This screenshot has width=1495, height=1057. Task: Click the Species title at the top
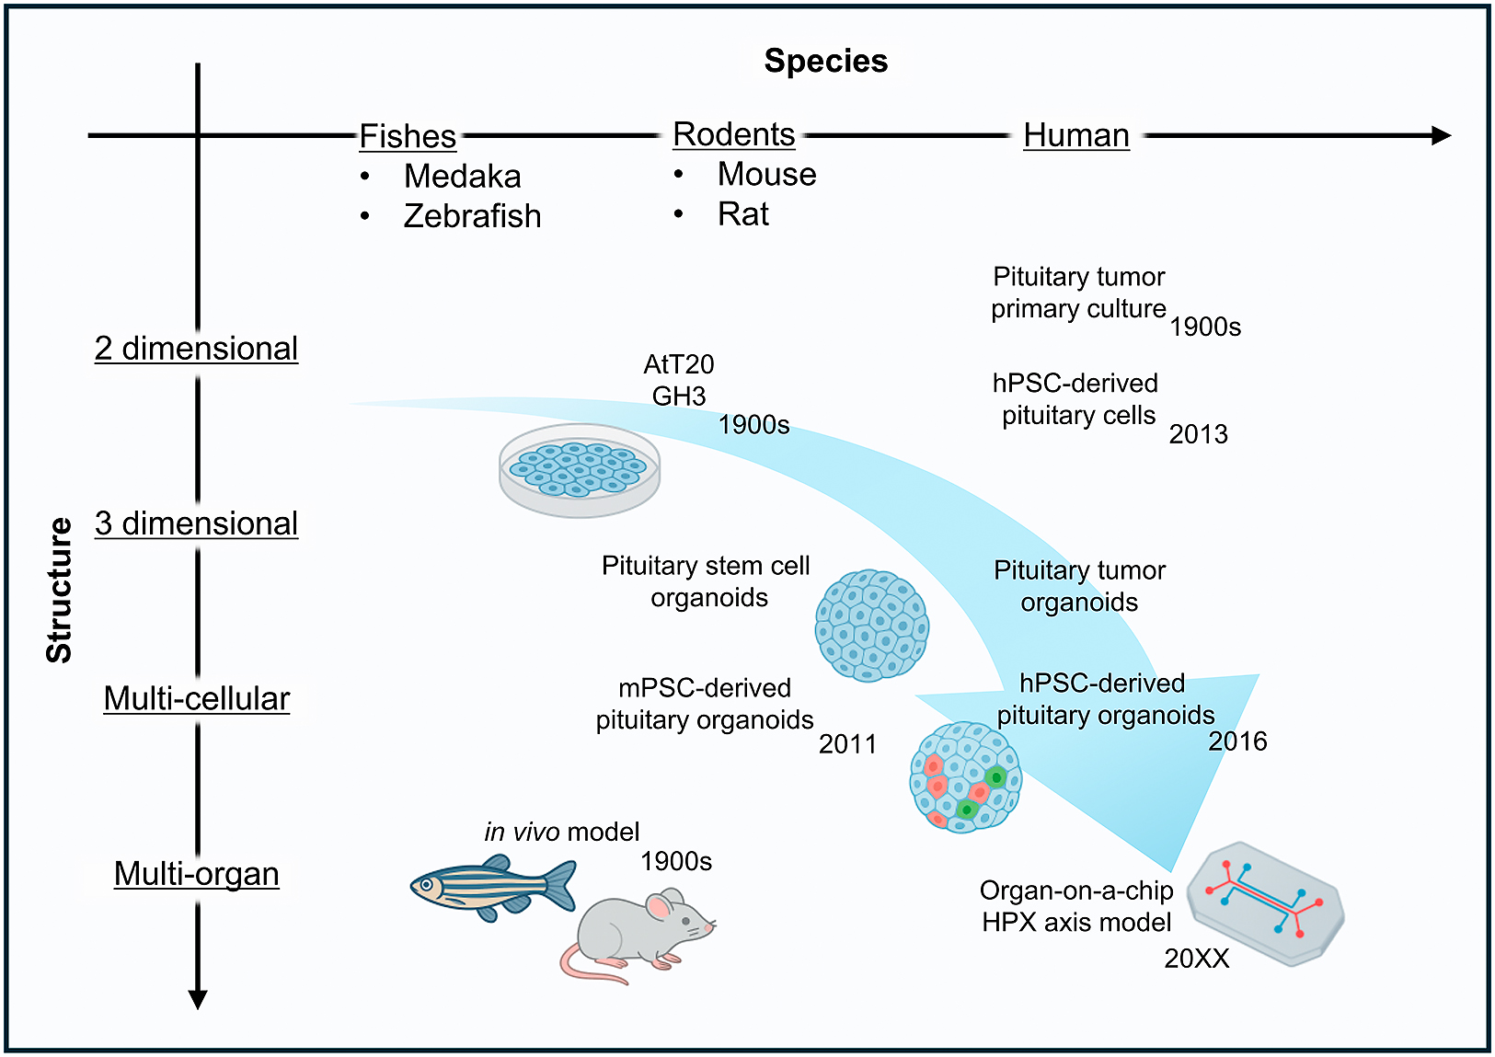point(825,61)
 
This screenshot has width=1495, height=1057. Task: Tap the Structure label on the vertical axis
point(59,590)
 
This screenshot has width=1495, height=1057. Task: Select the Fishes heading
point(408,136)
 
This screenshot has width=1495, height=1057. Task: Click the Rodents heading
point(733,134)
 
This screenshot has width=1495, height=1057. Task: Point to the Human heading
point(1075,135)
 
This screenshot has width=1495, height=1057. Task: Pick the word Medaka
point(462,177)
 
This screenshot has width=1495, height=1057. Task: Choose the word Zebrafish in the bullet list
point(472,216)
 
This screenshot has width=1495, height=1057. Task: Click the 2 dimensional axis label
point(196,349)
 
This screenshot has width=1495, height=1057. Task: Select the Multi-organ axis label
point(196,874)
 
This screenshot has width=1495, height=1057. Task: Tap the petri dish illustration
point(580,470)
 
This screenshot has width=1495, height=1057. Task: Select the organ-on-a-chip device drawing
point(1267,903)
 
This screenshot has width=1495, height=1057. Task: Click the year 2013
point(1198,434)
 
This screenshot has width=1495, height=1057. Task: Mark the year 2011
point(847,744)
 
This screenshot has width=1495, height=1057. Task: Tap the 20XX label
point(1197,959)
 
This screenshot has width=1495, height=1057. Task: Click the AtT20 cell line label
point(679,364)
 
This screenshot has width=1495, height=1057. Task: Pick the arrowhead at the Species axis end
point(1442,135)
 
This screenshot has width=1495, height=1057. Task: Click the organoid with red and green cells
point(965,777)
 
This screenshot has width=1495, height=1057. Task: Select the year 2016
point(1237,741)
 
